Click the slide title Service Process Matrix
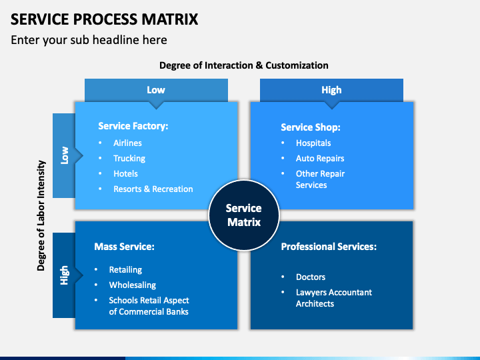pyautogui.click(x=105, y=19)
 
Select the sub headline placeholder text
pyautogui.click(x=89, y=40)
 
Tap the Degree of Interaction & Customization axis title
pyautogui.click(x=244, y=65)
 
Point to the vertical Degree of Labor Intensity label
pyautogui.click(x=41, y=215)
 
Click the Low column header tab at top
pyautogui.click(x=156, y=90)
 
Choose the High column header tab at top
pyautogui.click(x=331, y=90)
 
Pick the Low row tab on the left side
pyautogui.click(x=64, y=155)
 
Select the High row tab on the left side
pyautogui.click(x=64, y=275)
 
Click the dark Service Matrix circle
pyautogui.click(x=244, y=215)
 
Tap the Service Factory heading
pyautogui.click(x=133, y=126)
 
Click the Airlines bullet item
pyautogui.click(x=127, y=143)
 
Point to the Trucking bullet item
pyautogui.click(x=129, y=158)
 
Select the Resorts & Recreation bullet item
pyautogui.click(x=153, y=189)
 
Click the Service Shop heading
pyautogui.click(x=311, y=127)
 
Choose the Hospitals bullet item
pyautogui.click(x=313, y=143)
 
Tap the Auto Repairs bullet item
pyautogui.click(x=320, y=158)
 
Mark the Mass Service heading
pyautogui.click(x=124, y=247)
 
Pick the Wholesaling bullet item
pyautogui.click(x=133, y=285)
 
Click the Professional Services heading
pyautogui.click(x=329, y=247)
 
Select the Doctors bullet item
pyautogui.click(x=311, y=277)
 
